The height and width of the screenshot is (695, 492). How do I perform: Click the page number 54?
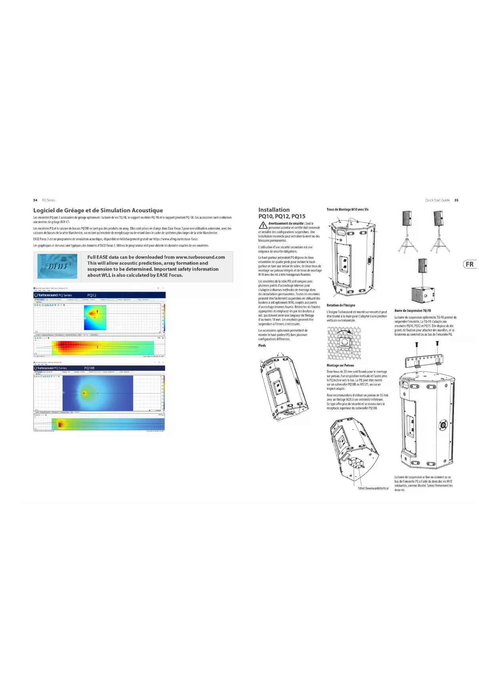35,200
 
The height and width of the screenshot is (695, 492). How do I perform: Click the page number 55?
456,200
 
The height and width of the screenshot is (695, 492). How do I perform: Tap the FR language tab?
470,264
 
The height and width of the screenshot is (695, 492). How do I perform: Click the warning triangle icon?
263,225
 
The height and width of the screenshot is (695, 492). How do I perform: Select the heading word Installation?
274,210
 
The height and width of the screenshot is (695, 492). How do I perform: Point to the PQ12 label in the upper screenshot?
92,295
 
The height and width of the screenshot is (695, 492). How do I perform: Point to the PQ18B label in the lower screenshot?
89,368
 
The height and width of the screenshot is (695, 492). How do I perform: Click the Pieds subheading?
262,346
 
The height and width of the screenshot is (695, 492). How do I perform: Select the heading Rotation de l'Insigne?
341,305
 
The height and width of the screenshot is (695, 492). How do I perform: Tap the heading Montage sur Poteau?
340,365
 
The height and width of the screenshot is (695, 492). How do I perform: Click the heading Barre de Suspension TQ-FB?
412,311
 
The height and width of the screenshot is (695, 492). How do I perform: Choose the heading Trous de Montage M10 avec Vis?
347,210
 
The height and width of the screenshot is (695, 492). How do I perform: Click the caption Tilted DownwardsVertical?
373,488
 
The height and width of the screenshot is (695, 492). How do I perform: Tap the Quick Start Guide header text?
437,200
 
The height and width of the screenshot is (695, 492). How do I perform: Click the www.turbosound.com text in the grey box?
200,257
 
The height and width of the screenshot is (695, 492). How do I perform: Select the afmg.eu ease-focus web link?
175,239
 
